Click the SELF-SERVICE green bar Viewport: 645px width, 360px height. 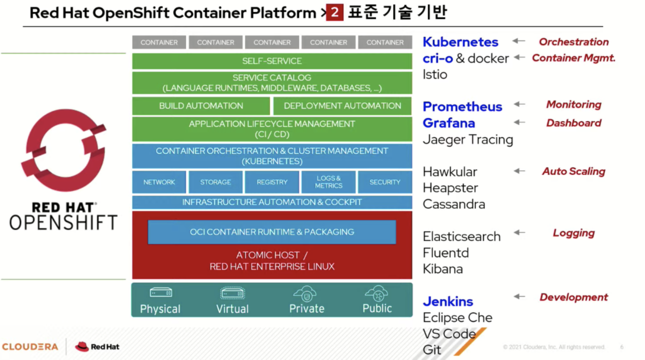point(272,61)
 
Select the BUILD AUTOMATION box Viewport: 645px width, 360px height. point(201,106)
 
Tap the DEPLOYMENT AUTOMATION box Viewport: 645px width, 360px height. point(342,106)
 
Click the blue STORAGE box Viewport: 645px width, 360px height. point(215,182)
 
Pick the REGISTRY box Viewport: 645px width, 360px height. point(272,182)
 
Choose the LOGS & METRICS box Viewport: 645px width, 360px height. point(328,182)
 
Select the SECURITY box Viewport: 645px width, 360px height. point(385,182)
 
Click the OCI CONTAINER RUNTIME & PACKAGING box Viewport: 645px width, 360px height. point(272,232)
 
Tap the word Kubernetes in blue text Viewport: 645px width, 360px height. point(460,42)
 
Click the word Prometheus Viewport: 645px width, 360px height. point(462,106)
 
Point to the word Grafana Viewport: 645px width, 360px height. point(449,123)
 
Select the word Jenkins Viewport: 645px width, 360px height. point(448,301)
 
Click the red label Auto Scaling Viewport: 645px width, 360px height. point(573,171)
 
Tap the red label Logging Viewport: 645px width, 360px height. point(573,233)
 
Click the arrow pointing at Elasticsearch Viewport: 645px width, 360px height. point(519,232)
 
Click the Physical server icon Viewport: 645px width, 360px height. point(160,292)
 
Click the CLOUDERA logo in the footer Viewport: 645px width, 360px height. point(30,346)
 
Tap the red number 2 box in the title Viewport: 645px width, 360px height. point(334,12)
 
